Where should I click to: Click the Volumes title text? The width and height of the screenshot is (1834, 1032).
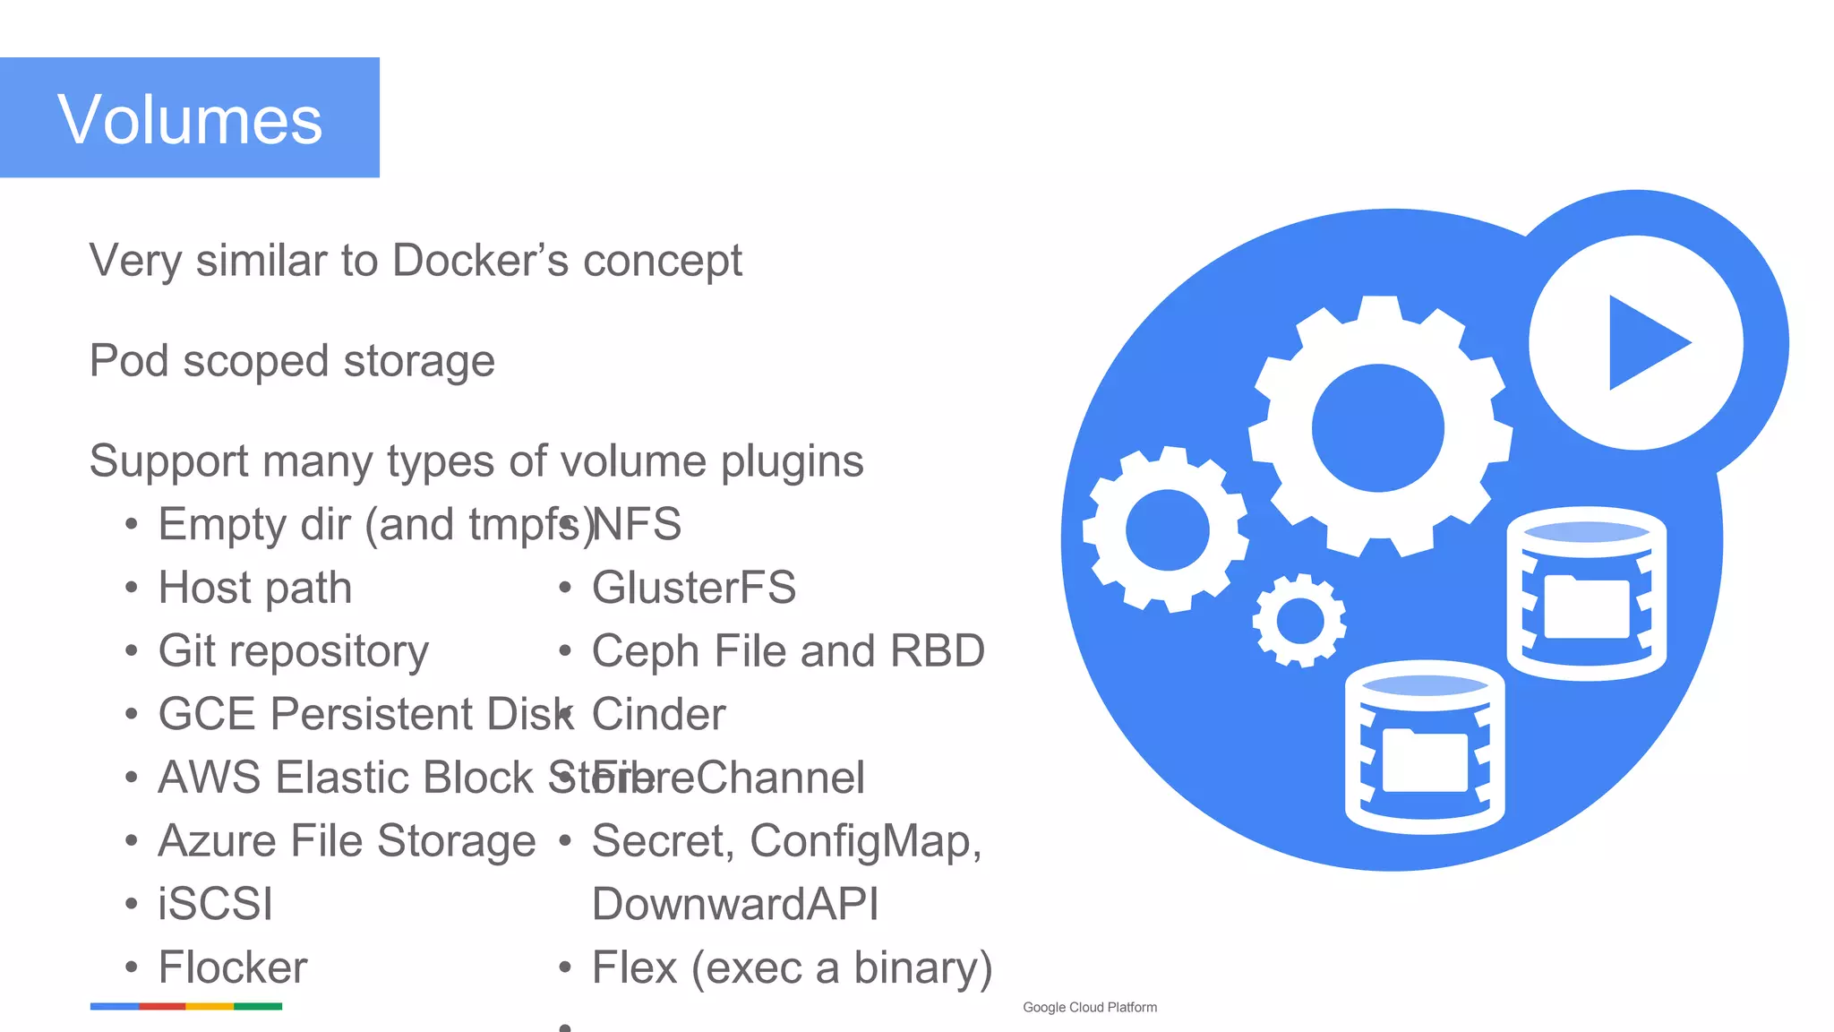[x=190, y=119]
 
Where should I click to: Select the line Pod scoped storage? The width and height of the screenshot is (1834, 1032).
[x=292, y=361]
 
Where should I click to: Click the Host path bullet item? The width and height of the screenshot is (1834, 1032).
[x=254, y=589]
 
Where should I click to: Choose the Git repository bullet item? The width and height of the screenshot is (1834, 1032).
[x=293, y=651]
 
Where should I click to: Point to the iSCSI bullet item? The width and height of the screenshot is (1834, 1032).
[x=215, y=904]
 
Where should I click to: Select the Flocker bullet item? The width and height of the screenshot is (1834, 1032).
[x=232, y=967]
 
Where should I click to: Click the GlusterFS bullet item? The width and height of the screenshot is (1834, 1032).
[x=693, y=589]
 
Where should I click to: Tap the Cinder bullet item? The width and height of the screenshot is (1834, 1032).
[x=658, y=715]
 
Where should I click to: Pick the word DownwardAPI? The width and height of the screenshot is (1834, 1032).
[x=734, y=904]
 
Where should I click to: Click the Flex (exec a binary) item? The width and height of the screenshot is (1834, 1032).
[x=792, y=967]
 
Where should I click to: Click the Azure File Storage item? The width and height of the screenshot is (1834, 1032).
[x=346, y=841]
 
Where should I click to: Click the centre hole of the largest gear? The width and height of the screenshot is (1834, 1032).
[x=1377, y=428]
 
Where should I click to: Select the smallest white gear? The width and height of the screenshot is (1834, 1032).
[x=1299, y=620]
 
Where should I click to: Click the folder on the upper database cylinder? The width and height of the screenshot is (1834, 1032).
[x=1586, y=606]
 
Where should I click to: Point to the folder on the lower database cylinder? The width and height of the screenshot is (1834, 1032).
[x=1425, y=761]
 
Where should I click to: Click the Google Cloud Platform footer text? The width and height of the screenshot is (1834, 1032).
[x=1089, y=1007]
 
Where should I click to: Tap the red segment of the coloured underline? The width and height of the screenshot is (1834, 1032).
[x=162, y=1007]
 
